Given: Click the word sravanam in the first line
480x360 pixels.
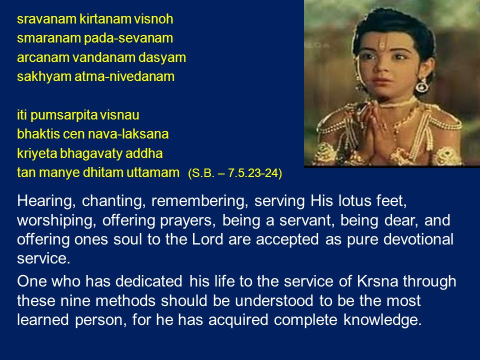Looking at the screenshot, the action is pyautogui.click(x=46, y=19).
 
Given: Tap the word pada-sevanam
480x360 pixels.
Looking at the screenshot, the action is pyautogui.click(x=128, y=38).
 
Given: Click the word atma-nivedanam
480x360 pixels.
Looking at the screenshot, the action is pyautogui.click(x=124, y=76).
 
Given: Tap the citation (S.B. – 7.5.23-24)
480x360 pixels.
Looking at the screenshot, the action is pyautogui.click(x=235, y=173).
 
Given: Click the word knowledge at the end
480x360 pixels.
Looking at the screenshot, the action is pyautogui.click(x=382, y=320).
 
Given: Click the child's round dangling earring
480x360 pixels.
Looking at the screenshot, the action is pyautogui.click(x=421, y=85).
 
